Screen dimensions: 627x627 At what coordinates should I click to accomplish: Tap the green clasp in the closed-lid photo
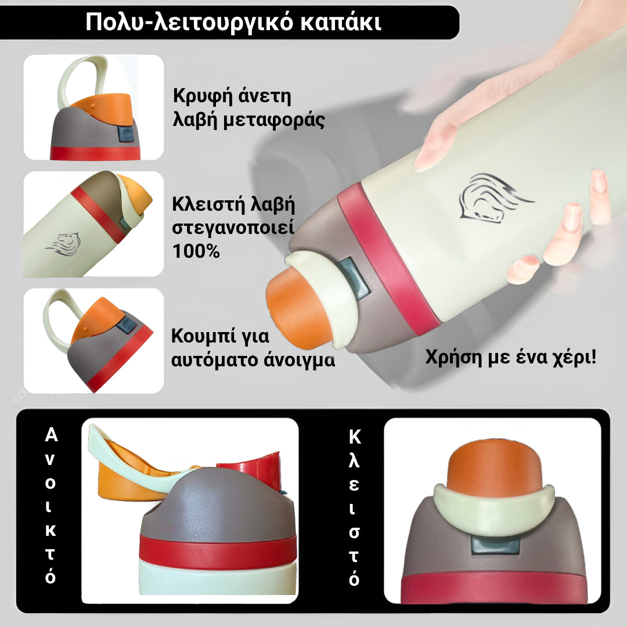point(494,511)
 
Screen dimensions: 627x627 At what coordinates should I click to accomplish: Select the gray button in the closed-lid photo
point(493,546)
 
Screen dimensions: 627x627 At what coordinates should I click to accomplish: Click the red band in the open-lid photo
point(218,552)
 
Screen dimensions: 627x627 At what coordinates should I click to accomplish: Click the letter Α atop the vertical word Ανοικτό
point(51,435)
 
